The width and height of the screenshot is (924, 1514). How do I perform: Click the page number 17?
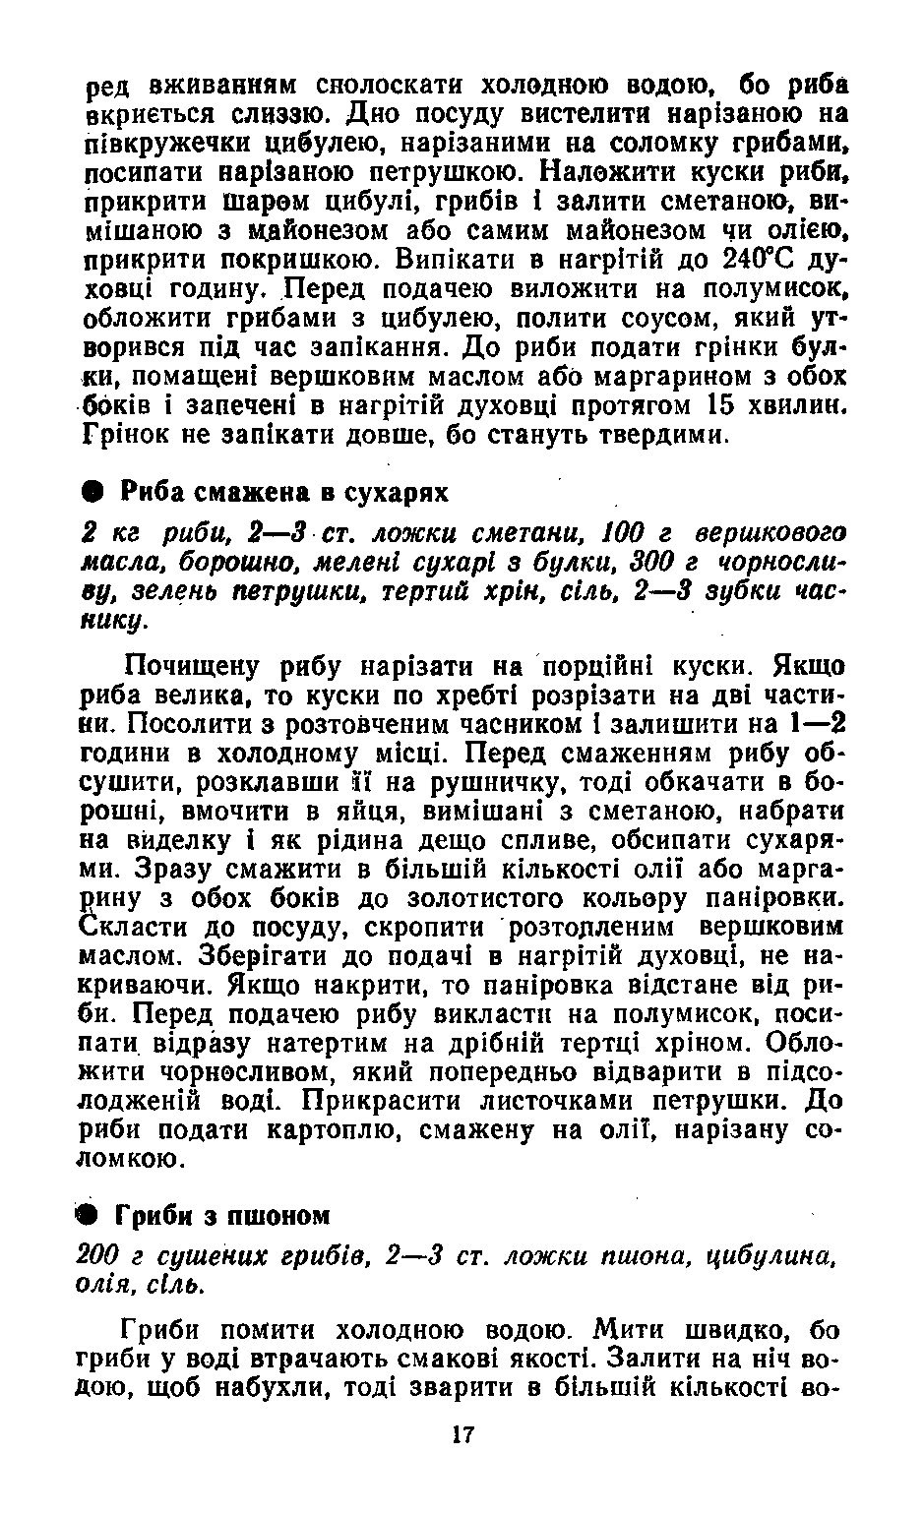(x=462, y=1434)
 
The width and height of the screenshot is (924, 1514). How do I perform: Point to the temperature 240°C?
(x=758, y=261)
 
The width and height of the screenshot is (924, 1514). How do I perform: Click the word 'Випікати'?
(x=433, y=261)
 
